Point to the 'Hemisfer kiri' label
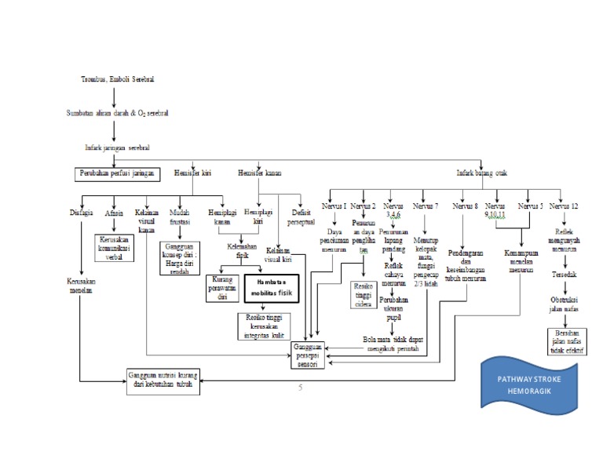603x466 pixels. pyautogui.click(x=193, y=173)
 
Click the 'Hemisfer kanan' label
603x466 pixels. pyautogui.click(x=259, y=173)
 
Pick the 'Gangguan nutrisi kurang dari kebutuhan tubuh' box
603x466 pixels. pyautogui.click(x=163, y=381)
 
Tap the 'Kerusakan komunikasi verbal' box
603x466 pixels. pyautogui.click(x=115, y=247)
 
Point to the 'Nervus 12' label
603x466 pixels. pyautogui.click(x=564, y=206)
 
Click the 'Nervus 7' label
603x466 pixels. pyautogui.click(x=426, y=206)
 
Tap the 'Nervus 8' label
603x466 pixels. pyautogui.click(x=465, y=206)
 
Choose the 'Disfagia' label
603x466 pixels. pyautogui.click(x=82, y=211)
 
